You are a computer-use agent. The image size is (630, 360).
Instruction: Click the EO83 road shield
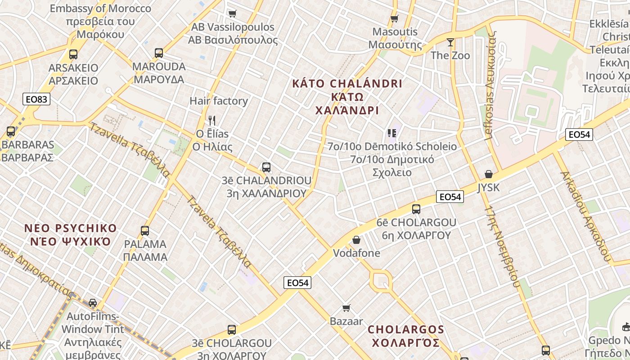pyautogui.click(x=36, y=99)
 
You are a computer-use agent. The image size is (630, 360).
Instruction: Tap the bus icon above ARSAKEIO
pyautogui.click(x=73, y=54)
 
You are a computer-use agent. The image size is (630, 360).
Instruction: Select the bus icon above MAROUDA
pyautogui.click(x=159, y=53)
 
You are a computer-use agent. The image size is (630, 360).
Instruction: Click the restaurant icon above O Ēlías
pyautogui.click(x=212, y=120)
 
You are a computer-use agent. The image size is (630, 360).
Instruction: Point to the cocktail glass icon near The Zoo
pyautogui.click(x=450, y=42)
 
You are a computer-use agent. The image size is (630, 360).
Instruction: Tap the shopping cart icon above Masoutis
pyautogui.click(x=395, y=18)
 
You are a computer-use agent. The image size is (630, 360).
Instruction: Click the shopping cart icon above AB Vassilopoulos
pyautogui.click(x=232, y=13)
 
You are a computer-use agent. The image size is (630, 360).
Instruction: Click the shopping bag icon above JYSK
pyautogui.click(x=489, y=174)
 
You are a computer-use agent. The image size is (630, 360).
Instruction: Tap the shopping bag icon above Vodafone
pyautogui.click(x=356, y=240)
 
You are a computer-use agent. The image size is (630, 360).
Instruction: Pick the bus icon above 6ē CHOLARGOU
pyautogui.click(x=416, y=209)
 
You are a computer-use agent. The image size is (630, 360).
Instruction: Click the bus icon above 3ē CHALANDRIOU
pyautogui.click(x=266, y=167)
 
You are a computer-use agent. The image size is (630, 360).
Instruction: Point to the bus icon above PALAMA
pyautogui.click(x=145, y=231)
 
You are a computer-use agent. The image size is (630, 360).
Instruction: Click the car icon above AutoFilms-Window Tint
pyautogui.click(x=93, y=302)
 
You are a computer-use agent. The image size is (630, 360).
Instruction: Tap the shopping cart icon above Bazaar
pyautogui.click(x=346, y=308)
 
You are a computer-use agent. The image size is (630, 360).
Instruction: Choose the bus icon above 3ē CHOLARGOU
pyautogui.click(x=232, y=330)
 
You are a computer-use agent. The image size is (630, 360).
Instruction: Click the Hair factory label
pyautogui.click(x=219, y=101)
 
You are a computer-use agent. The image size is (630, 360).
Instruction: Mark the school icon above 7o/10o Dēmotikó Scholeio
pyautogui.click(x=391, y=133)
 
